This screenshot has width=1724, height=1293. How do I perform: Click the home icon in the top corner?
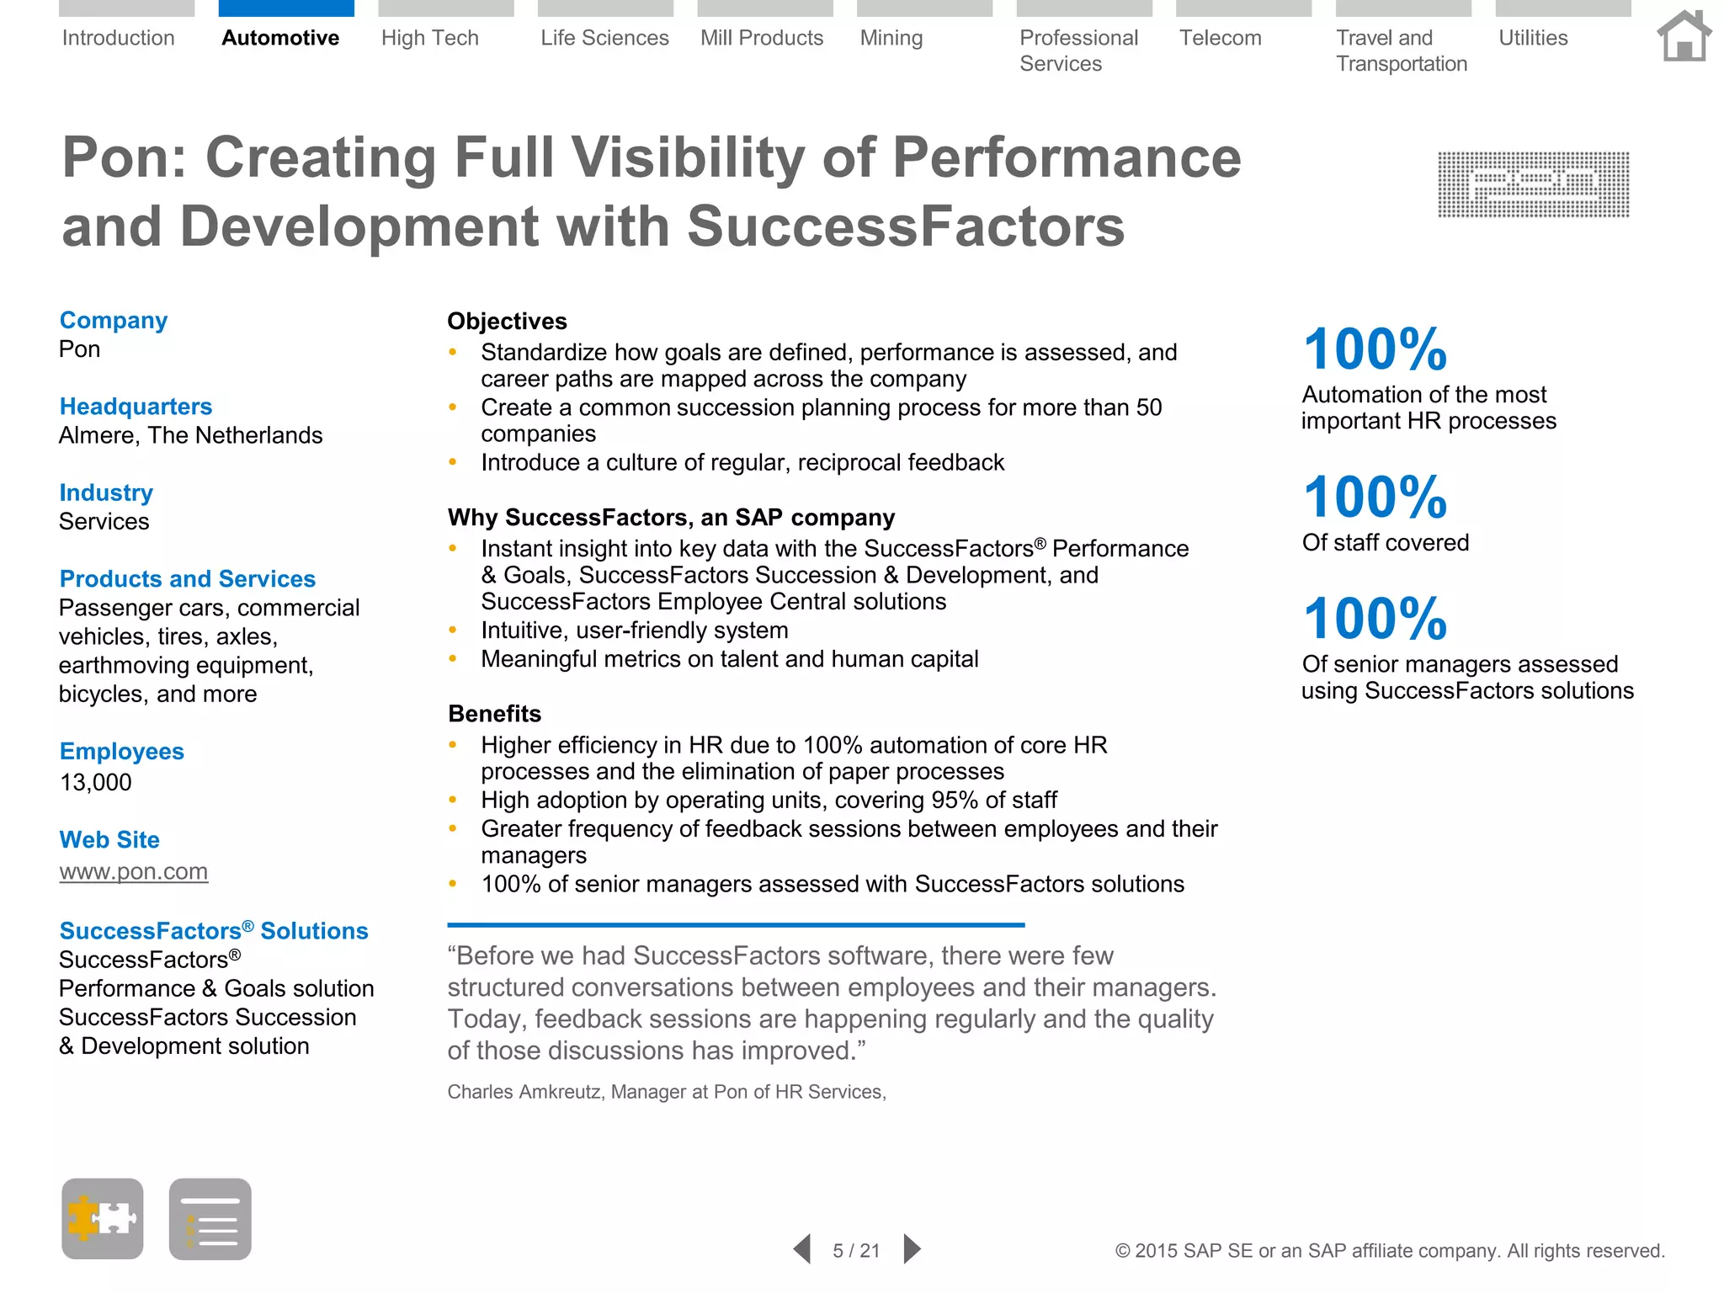point(1684,36)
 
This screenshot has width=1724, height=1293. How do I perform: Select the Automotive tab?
point(280,38)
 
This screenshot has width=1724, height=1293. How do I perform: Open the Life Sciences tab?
point(604,38)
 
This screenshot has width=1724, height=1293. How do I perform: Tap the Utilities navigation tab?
point(1533,38)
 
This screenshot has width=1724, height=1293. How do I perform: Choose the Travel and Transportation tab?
point(1401,51)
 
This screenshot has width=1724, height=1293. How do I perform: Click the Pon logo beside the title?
point(1533,184)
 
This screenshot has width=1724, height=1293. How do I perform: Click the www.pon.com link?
point(133,871)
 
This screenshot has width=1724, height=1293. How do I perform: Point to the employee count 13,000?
point(95,782)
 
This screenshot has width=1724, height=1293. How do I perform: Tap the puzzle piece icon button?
point(103,1218)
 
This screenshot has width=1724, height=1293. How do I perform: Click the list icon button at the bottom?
point(210,1218)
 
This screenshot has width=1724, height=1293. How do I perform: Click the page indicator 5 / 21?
point(856,1250)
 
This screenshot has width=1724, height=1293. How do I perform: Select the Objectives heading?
point(507,322)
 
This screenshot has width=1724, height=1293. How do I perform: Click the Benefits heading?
point(494,714)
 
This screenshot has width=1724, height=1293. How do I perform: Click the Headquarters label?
point(136,407)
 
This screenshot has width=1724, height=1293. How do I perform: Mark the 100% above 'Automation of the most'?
point(1375,349)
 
